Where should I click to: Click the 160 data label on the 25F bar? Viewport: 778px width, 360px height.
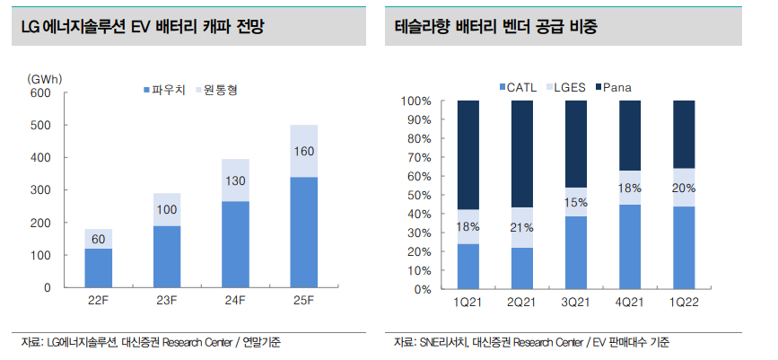(304, 151)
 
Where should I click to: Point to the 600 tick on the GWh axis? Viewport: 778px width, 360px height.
(40, 92)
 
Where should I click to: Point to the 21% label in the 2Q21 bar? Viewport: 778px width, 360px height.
(522, 227)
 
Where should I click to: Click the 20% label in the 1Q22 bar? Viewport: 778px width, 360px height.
(684, 188)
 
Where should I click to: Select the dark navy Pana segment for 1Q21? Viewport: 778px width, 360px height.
(468, 155)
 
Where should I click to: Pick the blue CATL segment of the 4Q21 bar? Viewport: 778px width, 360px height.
(630, 247)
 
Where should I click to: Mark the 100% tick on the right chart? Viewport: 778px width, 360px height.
(417, 101)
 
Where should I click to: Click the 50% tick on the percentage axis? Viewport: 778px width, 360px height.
(421, 196)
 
